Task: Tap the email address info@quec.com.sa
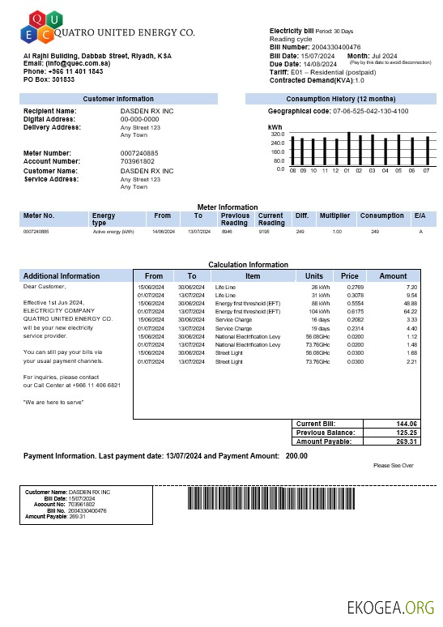coord(79,62)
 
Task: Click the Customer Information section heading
coord(118,98)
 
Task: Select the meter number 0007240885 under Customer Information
coord(139,153)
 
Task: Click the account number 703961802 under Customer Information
coord(137,161)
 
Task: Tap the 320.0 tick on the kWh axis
coord(278,134)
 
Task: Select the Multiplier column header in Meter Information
coord(334,216)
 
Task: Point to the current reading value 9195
coord(264,232)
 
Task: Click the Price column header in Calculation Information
coord(349,276)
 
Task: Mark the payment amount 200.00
coord(296,456)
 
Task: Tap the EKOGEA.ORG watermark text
coord(390,608)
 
